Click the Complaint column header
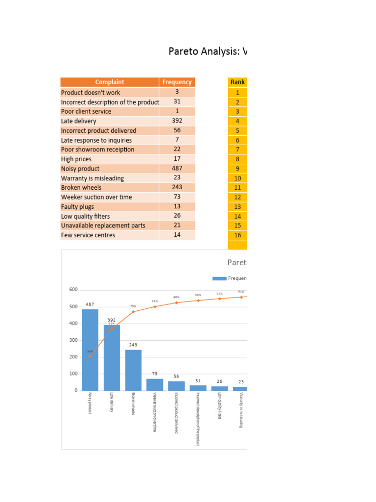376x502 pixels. [109, 82]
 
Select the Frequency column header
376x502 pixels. [177, 82]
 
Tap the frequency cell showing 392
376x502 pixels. [177, 121]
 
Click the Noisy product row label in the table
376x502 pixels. [80, 169]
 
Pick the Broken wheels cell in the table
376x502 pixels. [81, 187]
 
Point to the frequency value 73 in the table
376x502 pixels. [177, 197]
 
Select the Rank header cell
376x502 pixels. [237, 82]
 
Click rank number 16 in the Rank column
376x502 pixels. [237, 235]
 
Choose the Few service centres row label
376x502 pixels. [88, 235]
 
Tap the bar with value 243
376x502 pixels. [133, 370]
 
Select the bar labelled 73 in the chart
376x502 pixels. [155, 384]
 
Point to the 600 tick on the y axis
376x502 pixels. [73, 290]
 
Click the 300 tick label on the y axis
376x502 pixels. [73, 340]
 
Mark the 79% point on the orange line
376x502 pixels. [133, 312]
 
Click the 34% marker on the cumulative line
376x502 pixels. [90, 356]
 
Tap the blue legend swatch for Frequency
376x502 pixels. [219, 278]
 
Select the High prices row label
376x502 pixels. [76, 159]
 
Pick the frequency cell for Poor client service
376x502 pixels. [177, 111]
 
